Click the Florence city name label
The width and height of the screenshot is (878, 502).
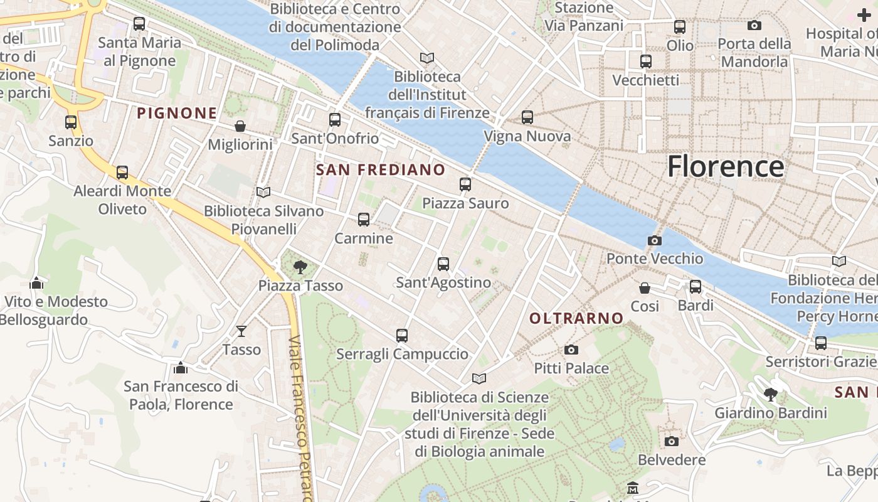coord(725,167)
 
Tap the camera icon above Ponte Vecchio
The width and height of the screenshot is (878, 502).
coord(654,240)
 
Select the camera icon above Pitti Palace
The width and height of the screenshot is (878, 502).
coord(571,350)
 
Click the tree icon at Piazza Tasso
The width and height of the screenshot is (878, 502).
coord(300,267)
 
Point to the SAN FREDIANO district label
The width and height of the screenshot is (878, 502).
coord(381,170)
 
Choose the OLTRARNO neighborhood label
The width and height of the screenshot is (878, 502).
coord(576,319)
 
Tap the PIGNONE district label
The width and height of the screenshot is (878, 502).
coord(177,114)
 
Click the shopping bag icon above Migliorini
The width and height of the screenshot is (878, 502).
coord(240,127)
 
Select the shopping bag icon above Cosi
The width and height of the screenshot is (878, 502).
coord(645,288)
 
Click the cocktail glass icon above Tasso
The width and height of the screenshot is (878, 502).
coord(241,331)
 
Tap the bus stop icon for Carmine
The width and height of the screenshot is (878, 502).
coord(364,220)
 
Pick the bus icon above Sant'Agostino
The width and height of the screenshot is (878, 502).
coord(443,264)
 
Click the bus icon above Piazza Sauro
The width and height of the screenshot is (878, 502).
coord(465,184)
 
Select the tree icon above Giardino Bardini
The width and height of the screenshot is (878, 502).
coord(771,395)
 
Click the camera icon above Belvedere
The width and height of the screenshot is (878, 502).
coord(671,441)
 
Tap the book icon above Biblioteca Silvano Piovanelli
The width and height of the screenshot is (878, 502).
coord(263,192)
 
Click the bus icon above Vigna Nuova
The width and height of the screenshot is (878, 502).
coord(527,117)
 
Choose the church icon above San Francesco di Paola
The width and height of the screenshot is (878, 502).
coord(181,368)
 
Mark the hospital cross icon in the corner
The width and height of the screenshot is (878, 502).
coord(864,15)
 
